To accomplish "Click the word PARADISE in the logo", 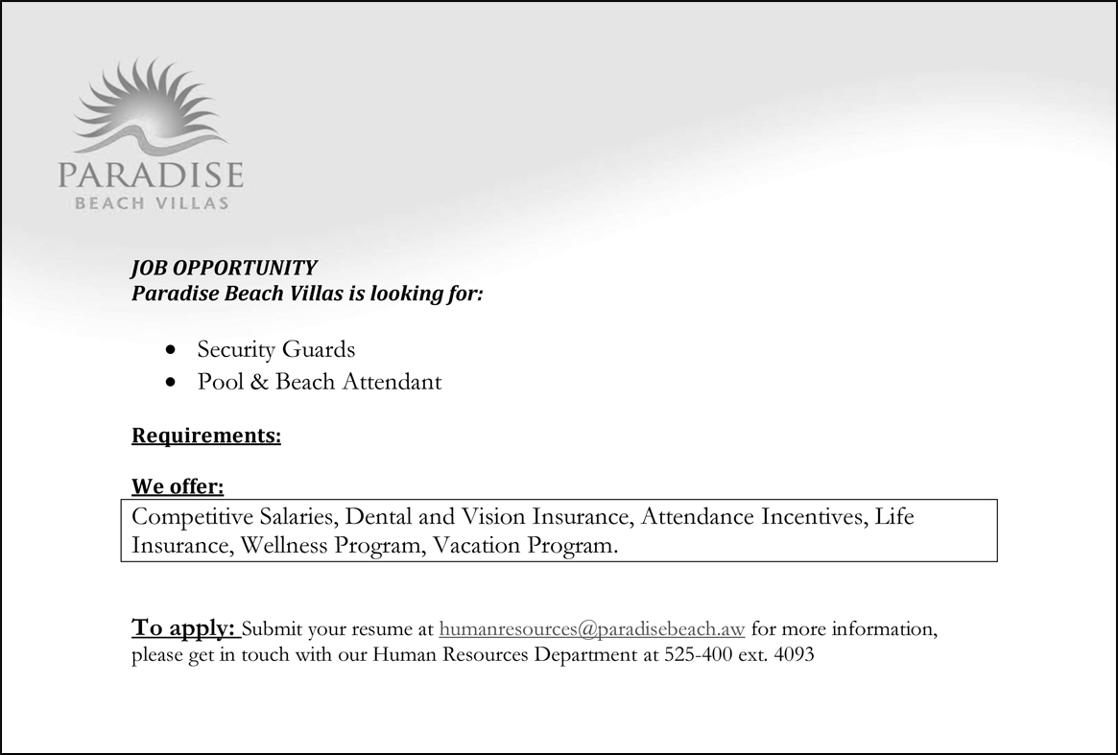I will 151,177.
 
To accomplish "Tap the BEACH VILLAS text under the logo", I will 152,203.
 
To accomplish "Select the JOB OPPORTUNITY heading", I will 224,268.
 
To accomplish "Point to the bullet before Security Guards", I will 171,349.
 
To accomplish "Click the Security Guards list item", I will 275,349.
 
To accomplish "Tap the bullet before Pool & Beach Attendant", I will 171,382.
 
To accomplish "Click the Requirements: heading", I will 206,436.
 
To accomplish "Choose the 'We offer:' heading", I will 178,487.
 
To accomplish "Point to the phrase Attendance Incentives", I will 754,517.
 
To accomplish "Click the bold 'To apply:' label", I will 183,628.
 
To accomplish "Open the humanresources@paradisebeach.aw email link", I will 591,630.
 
